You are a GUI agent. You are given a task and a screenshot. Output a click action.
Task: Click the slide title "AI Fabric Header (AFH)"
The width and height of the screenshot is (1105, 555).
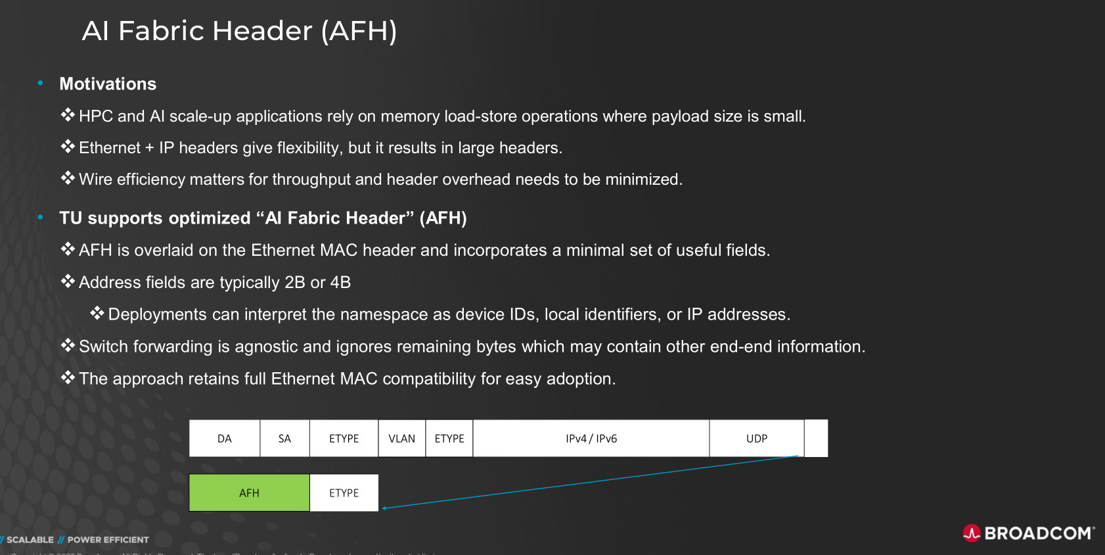(x=239, y=31)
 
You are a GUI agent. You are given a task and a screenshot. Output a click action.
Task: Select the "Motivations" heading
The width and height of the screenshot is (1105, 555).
(x=108, y=84)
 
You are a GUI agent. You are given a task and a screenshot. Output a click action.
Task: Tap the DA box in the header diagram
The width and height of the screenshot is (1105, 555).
(x=225, y=439)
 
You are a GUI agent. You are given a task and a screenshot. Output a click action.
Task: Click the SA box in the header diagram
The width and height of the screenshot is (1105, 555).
(x=284, y=439)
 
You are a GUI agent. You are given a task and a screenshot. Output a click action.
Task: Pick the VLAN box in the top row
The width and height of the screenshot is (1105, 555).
(x=401, y=439)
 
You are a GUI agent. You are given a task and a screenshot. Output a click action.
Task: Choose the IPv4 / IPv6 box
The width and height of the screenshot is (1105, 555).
(x=591, y=439)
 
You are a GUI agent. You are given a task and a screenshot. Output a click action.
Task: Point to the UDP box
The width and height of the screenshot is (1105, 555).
(x=757, y=439)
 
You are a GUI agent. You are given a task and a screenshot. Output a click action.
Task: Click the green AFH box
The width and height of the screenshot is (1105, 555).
(x=249, y=493)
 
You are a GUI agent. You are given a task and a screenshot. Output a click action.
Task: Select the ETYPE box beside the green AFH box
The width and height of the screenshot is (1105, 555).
(x=344, y=493)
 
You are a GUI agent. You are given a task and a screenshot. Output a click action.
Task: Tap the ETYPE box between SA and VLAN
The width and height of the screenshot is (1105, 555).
(x=344, y=439)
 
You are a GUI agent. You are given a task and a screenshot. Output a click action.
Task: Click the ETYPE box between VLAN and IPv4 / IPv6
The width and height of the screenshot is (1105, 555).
(x=449, y=439)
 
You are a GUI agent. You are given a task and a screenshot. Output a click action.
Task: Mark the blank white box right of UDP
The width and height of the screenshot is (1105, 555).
(x=816, y=439)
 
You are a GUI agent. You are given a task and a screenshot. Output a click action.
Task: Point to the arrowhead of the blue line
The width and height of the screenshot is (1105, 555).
(x=384, y=508)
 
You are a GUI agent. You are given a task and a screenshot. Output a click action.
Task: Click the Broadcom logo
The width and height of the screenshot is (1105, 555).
(x=1029, y=533)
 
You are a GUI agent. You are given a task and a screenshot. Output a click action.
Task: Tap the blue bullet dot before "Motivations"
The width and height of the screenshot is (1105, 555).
(x=41, y=83)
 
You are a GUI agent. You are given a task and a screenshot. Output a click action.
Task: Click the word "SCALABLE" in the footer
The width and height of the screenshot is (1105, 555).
(x=30, y=540)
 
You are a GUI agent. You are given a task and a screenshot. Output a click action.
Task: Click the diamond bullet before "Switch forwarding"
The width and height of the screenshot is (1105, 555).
(x=68, y=345)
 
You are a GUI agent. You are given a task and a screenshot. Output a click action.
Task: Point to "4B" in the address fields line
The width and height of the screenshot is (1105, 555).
(x=340, y=283)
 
